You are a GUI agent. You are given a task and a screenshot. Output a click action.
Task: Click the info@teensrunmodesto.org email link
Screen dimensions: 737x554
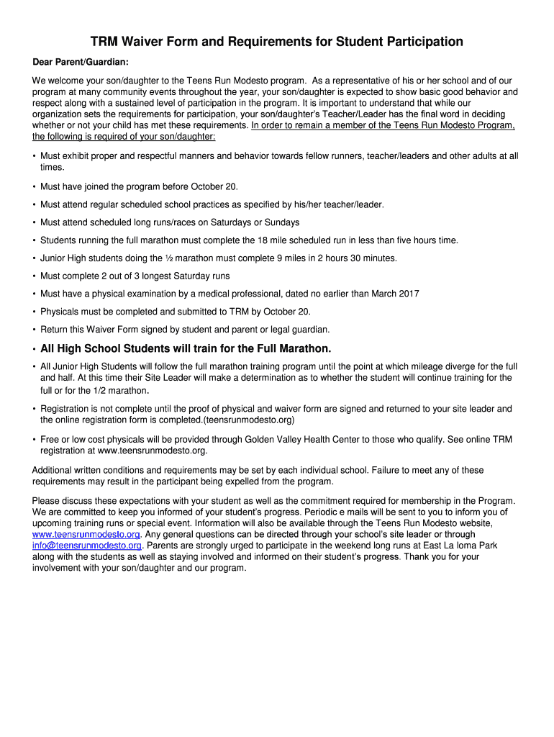click(86, 546)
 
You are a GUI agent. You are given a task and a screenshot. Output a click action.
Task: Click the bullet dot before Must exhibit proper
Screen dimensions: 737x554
click(35, 156)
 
